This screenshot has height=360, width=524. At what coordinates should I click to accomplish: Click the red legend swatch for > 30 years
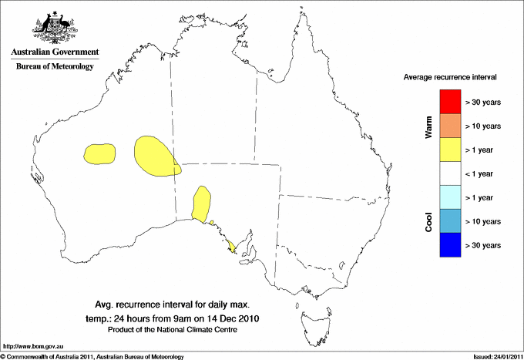[450, 102]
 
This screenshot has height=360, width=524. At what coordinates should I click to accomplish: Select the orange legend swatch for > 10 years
[450, 126]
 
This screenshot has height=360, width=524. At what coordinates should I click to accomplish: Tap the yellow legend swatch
[450, 150]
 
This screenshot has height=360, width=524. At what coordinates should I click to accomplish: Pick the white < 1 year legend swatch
[450, 173]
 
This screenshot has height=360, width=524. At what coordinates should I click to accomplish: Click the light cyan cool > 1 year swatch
[450, 197]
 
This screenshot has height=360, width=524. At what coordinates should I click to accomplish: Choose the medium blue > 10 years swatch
[450, 221]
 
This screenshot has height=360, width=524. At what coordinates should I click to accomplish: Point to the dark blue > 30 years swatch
[450, 245]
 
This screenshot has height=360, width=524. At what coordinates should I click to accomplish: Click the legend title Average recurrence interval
[450, 78]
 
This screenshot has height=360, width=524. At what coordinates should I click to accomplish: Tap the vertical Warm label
[428, 126]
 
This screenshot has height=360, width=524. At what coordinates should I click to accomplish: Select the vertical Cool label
[428, 220]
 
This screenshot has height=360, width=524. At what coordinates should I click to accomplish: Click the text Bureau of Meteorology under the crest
[55, 67]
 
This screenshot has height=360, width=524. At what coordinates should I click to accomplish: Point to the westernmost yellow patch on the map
[99, 153]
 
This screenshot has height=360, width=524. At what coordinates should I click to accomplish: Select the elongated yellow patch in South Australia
[202, 204]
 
